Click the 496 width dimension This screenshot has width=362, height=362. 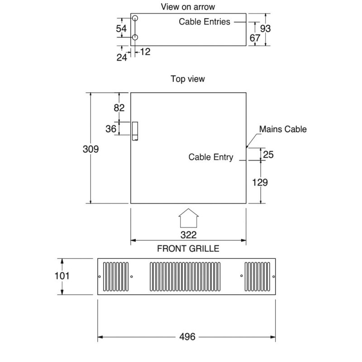(x=187, y=337)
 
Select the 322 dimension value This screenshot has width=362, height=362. (x=188, y=235)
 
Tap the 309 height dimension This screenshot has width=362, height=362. (x=90, y=149)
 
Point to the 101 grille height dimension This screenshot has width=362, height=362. (x=62, y=275)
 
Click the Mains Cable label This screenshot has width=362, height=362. (x=283, y=129)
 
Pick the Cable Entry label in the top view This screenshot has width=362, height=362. (x=211, y=157)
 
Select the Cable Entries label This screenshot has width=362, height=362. (x=205, y=21)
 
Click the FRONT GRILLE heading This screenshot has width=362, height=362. (x=188, y=248)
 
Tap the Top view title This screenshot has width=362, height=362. (x=188, y=79)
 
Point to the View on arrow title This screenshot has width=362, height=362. (x=188, y=7)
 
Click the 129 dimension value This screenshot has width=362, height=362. (x=260, y=182)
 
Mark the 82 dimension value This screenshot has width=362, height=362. (x=119, y=108)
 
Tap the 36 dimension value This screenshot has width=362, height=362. (x=111, y=129)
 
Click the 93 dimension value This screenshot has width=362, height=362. (x=266, y=29)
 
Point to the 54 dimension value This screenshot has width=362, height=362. (x=121, y=29)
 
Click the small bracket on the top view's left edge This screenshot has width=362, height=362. (x=134, y=131)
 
